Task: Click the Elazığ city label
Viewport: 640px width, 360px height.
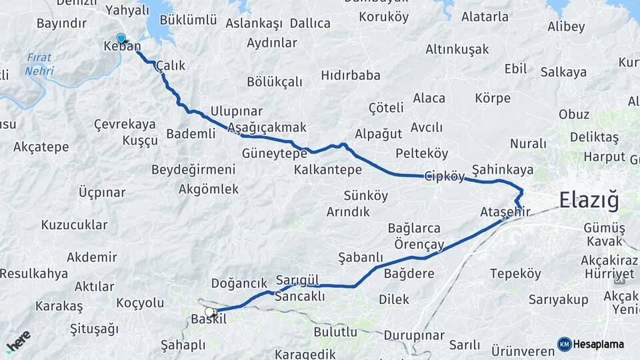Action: coord(589,200)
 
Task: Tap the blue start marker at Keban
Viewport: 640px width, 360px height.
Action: coord(121,39)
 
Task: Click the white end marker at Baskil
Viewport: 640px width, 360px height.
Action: coord(209,312)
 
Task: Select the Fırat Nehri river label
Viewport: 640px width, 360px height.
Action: coord(41,63)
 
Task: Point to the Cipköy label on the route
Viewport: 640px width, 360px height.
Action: coord(445,177)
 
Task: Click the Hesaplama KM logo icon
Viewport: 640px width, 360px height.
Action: coord(564,344)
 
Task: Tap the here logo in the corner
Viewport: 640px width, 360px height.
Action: coord(17,341)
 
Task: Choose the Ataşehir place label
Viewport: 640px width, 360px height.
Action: coord(505,212)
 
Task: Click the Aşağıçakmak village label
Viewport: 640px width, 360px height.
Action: coord(267,127)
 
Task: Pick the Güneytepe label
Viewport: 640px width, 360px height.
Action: coord(275,153)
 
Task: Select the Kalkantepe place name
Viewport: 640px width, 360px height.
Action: coord(328,170)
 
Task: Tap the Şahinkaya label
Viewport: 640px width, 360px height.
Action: coord(503,169)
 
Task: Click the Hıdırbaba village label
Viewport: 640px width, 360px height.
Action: coord(351,75)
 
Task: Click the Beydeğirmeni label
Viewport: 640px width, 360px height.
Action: coord(193,169)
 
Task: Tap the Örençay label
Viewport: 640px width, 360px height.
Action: coord(419,245)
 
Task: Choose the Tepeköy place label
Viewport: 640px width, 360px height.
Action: coord(515,274)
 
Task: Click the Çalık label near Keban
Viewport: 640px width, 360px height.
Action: coord(170,66)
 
